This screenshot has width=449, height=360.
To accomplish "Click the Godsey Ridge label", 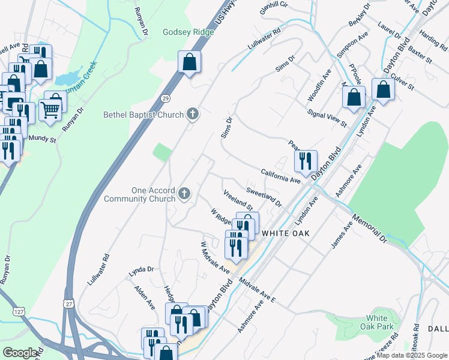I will tap(188, 32).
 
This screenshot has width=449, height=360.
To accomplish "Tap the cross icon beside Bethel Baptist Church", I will tap(193, 113).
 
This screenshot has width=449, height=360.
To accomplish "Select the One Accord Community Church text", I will tap(139, 194).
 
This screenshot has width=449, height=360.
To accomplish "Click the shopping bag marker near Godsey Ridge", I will tap(189, 62).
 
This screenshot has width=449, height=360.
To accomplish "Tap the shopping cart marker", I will tap(50, 110).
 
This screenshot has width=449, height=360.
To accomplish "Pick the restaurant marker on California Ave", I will tap(306, 161).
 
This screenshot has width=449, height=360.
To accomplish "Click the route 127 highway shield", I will tap(16, 313).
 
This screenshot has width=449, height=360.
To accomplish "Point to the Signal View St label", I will tap(327, 118).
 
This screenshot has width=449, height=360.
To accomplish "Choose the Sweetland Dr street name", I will tap(264, 197).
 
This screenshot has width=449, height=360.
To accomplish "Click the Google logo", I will tap(20, 353).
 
